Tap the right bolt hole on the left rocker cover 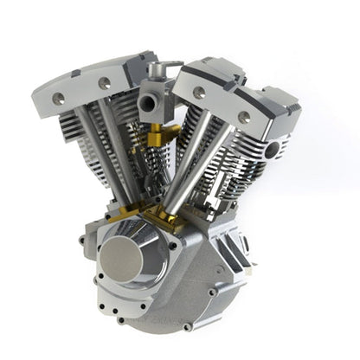(x=105, y=83)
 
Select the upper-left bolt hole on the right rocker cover (x=198, y=93)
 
